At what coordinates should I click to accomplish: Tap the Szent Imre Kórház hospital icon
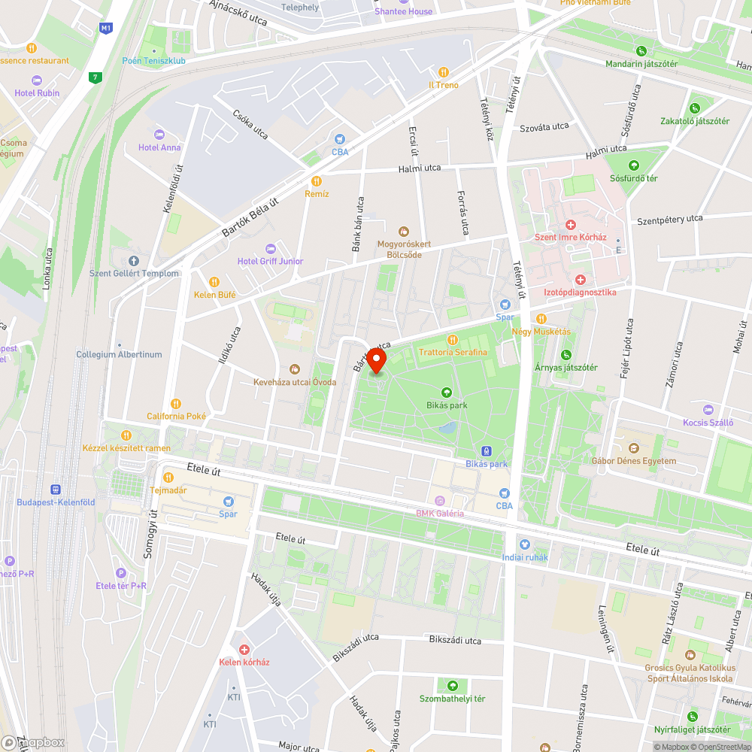(570, 225)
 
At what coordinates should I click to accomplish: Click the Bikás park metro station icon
(487, 451)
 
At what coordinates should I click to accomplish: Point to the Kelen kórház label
(244, 662)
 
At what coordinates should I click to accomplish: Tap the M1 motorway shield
(105, 29)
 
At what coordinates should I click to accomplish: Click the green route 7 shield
(95, 77)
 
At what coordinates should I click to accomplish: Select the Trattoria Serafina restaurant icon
(453, 339)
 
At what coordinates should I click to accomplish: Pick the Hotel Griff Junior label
(270, 261)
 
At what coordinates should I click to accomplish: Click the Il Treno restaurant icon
(444, 72)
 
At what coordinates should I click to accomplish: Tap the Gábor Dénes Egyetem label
(633, 461)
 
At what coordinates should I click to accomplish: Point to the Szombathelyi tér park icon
(452, 686)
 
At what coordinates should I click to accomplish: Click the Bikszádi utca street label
(455, 640)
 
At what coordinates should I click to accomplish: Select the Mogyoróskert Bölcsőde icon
(404, 231)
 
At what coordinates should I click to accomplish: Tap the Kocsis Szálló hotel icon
(707, 409)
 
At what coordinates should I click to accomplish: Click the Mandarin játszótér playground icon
(641, 51)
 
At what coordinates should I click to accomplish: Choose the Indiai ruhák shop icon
(524, 544)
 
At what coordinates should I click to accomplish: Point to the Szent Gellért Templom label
(135, 273)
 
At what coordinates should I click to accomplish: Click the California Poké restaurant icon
(176, 404)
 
